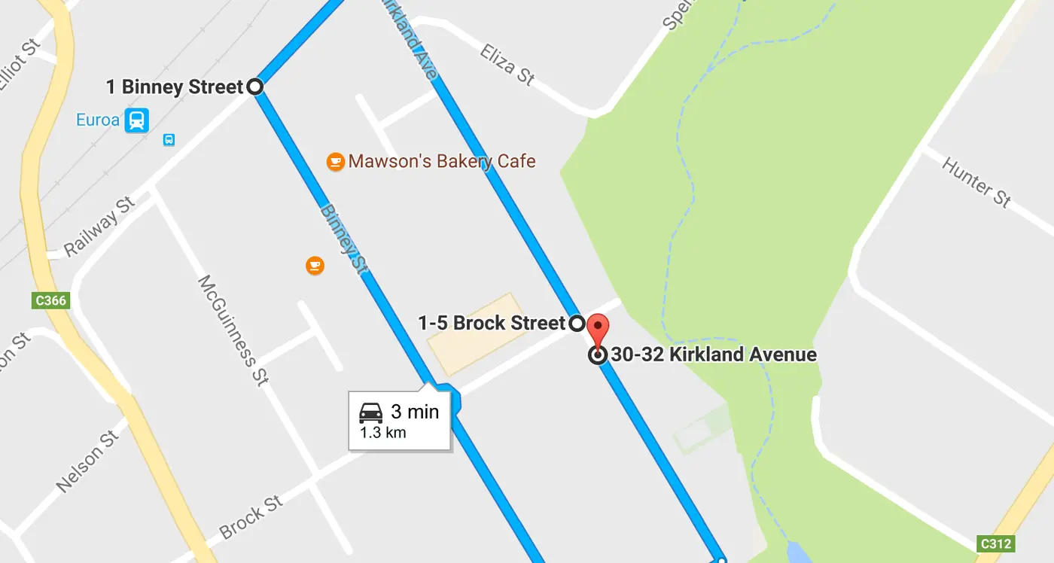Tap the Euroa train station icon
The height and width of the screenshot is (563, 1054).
point(137,120)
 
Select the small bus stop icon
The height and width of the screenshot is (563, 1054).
point(169,139)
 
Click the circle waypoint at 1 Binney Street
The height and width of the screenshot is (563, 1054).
point(255,87)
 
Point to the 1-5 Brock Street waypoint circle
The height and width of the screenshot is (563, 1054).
point(576,324)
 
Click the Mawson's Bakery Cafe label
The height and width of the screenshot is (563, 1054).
point(442,161)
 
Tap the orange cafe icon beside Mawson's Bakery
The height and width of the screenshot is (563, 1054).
point(336,161)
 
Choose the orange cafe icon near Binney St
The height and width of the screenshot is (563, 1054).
point(315,265)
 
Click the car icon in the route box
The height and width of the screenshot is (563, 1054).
point(371,412)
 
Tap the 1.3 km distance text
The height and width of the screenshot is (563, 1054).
point(383,433)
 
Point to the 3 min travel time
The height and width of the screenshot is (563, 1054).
point(414,412)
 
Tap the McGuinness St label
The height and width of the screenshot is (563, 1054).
point(233,330)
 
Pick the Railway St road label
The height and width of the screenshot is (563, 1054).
point(100,226)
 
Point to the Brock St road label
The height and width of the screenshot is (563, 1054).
point(251,517)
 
